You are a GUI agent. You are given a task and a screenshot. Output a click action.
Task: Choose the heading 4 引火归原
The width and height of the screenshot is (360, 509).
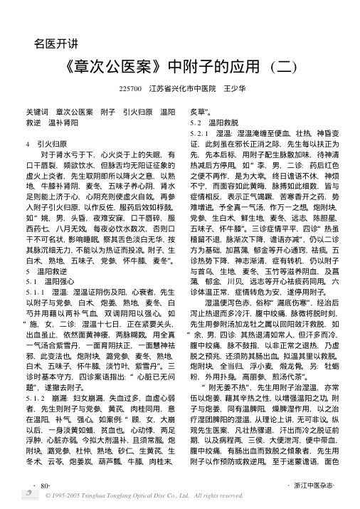tap(44, 142)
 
